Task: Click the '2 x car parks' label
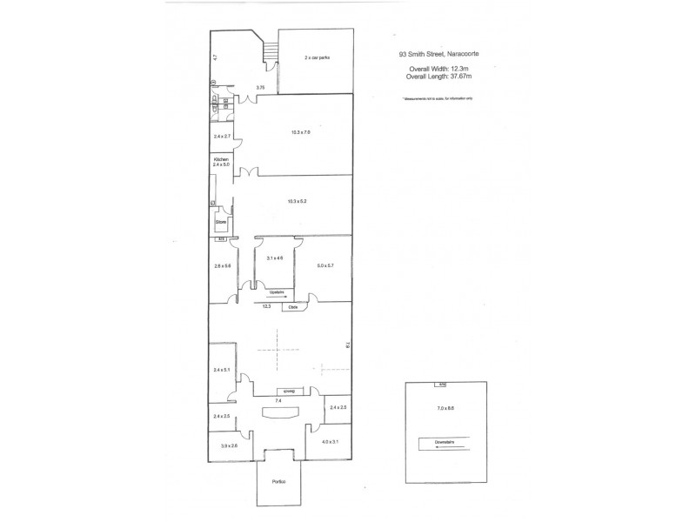click(x=317, y=57)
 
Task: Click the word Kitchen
click(x=221, y=158)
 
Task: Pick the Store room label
click(x=221, y=223)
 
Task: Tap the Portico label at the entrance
click(x=278, y=480)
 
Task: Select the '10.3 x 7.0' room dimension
click(x=300, y=132)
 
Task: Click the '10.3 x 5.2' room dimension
click(x=297, y=202)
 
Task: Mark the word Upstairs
click(x=277, y=292)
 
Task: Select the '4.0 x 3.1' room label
click(x=330, y=442)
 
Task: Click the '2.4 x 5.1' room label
click(x=222, y=371)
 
